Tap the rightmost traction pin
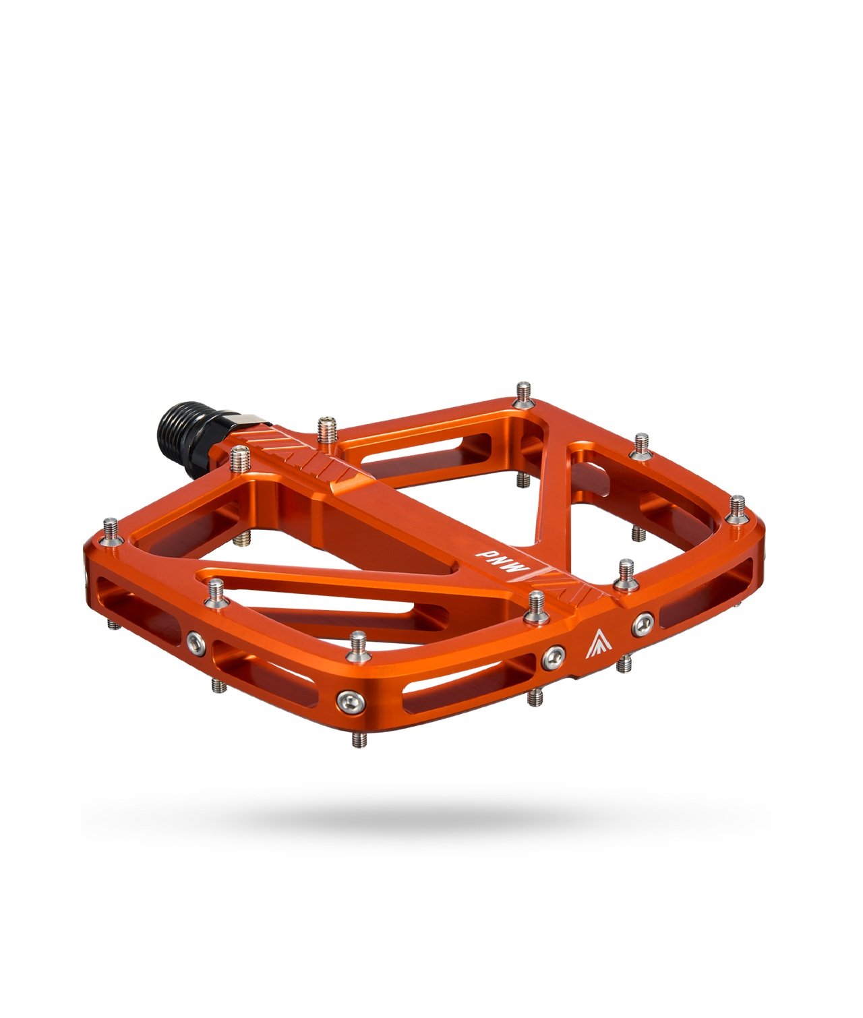click(738, 507)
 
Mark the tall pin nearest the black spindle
click(239, 461)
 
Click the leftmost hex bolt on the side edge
click(196, 638)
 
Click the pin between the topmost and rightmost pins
click(640, 446)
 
